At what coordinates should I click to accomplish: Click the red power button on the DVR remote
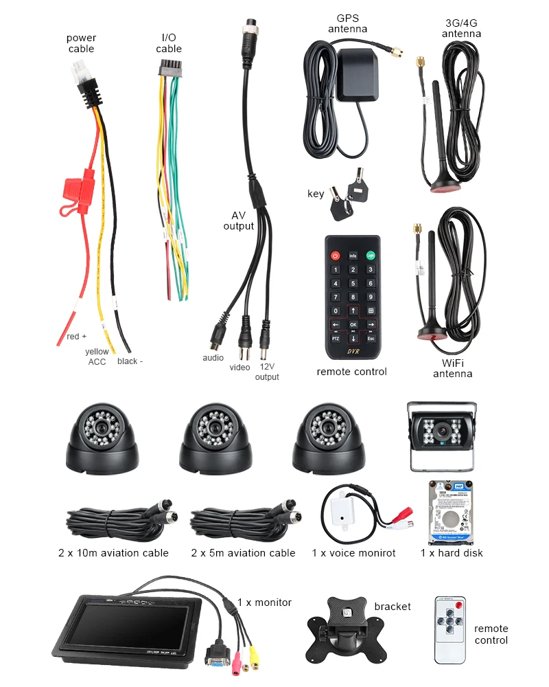click(x=336, y=256)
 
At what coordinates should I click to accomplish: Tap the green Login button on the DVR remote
click(x=371, y=256)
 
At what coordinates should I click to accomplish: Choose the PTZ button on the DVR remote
click(x=336, y=338)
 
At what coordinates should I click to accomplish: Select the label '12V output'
click(x=267, y=372)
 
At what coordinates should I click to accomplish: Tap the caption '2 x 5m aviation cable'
click(x=243, y=553)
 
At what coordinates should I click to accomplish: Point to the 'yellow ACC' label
click(x=97, y=357)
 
